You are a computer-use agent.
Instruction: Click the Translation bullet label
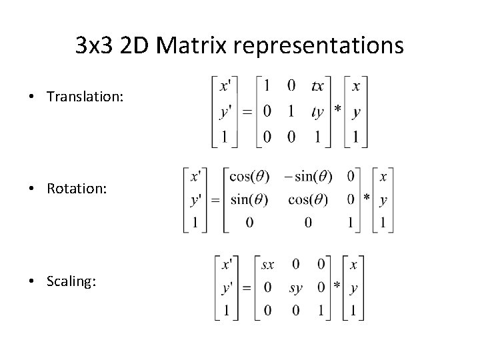[85, 97]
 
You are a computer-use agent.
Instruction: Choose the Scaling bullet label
[71, 281]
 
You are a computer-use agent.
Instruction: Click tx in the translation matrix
[317, 86]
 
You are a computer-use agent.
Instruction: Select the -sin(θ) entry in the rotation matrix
[307, 177]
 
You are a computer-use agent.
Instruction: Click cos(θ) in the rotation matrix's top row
[249, 177]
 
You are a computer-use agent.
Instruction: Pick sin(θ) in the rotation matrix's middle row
[249, 199]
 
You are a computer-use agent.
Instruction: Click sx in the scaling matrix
[267, 265]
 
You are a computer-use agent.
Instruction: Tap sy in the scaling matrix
[296, 288]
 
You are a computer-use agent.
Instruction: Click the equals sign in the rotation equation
[215, 199]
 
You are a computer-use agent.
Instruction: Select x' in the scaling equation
[227, 265]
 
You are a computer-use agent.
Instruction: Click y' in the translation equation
[227, 112]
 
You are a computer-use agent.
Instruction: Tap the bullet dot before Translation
[32, 97]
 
